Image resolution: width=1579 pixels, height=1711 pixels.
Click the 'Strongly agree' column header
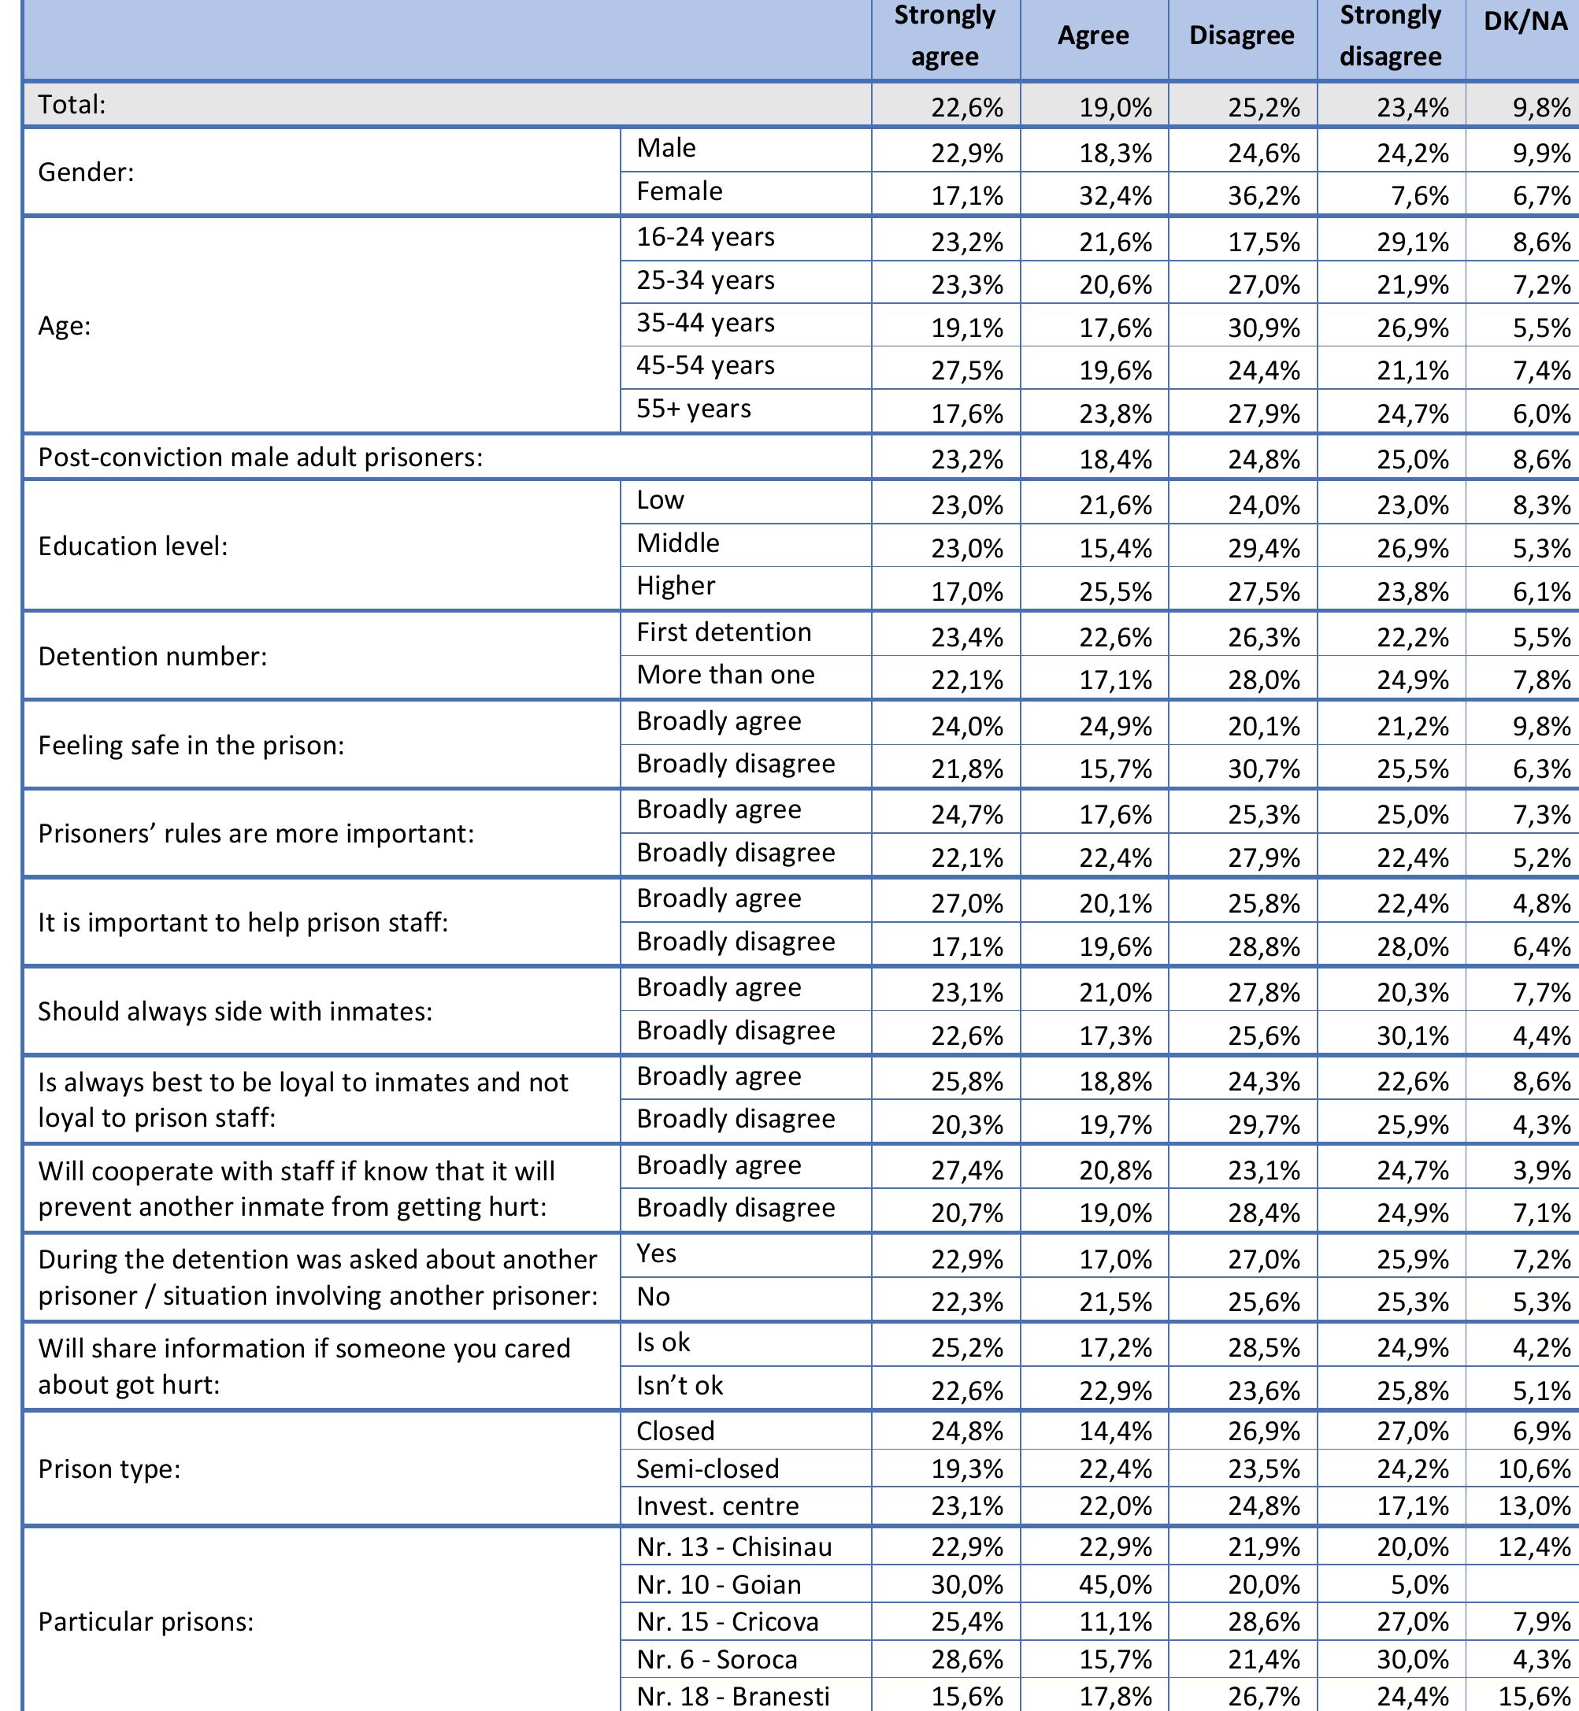(x=944, y=36)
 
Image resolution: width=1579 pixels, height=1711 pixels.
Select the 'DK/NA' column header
(x=1525, y=21)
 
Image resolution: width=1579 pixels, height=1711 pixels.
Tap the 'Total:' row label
(x=72, y=105)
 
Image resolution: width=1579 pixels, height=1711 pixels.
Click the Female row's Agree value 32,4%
(x=1115, y=195)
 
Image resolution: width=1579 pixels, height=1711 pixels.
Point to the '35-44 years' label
(x=705, y=323)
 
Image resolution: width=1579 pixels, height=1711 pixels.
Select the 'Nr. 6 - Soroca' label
(x=716, y=1659)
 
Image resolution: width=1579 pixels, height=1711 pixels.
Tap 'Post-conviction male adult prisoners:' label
(x=261, y=457)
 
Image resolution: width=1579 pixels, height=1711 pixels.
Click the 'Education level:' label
(x=133, y=546)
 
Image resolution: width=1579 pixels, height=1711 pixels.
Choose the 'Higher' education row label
(x=675, y=586)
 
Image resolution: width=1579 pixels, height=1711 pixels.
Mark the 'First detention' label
(x=724, y=632)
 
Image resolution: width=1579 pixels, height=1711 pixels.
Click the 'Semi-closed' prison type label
(x=707, y=1468)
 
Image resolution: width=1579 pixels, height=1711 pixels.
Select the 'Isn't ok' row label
(x=680, y=1385)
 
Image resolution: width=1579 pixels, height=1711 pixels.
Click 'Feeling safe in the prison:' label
(x=191, y=745)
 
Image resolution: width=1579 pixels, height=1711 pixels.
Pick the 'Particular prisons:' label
(x=146, y=1621)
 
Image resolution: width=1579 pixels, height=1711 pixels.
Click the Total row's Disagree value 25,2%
(x=1264, y=108)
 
